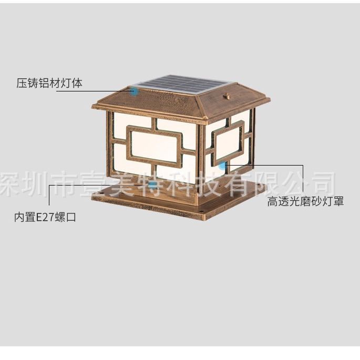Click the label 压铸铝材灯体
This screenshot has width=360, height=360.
coord(49,83)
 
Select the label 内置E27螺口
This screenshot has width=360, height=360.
coord(45,217)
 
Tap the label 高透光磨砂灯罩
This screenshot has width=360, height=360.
coord(305,201)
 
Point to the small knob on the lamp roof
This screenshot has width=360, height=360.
coord(228,96)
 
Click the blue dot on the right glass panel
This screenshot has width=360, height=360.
coord(223,166)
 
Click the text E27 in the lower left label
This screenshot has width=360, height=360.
coord(44,217)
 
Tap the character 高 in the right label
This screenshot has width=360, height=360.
coord(272,201)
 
